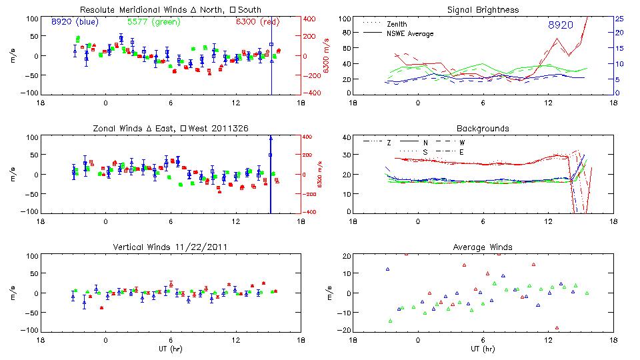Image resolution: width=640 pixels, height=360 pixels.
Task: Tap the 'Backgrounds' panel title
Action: coord(483,128)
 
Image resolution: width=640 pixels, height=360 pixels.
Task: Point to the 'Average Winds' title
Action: coord(483,247)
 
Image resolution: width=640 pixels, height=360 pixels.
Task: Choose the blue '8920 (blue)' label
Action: coord(75,22)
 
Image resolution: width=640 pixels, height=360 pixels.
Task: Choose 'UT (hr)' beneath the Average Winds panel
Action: coord(483,348)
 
